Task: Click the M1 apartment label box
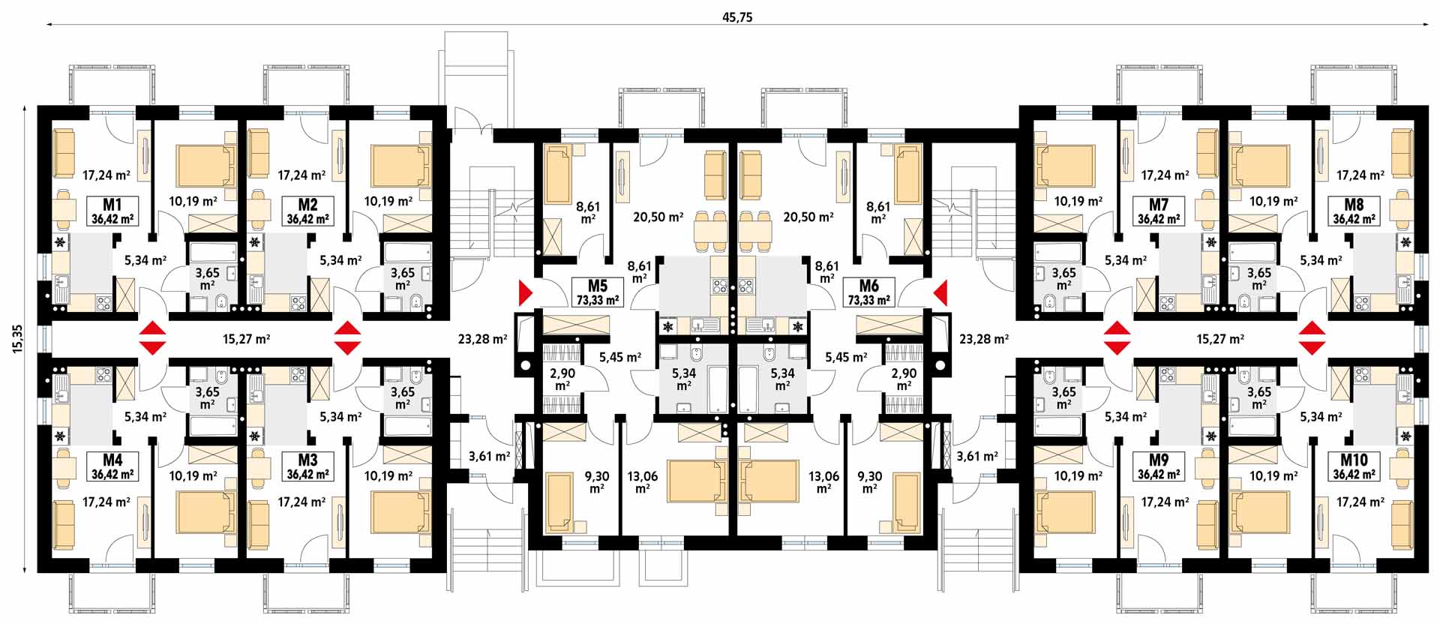click(x=112, y=211)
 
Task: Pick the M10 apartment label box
click(x=1354, y=466)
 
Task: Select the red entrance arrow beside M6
click(x=940, y=292)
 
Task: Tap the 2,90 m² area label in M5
click(x=562, y=379)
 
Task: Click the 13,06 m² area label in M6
click(x=823, y=481)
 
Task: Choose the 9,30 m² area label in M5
click(x=597, y=481)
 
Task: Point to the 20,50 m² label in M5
click(x=658, y=217)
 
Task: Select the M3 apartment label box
click(x=307, y=466)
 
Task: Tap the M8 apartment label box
click(x=1354, y=211)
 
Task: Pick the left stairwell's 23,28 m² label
click(x=483, y=339)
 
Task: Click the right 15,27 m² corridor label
click(x=1220, y=339)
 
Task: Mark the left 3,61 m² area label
click(x=489, y=456)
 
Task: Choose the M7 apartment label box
click(x=1159, y=211)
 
